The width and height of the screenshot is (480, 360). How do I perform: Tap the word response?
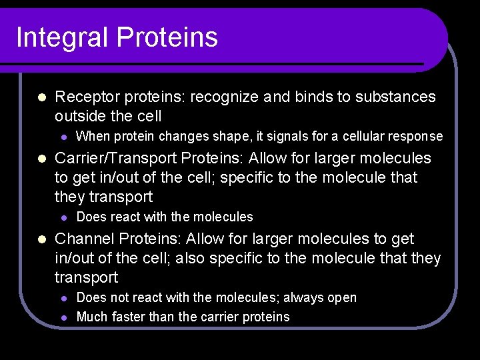coord(416,137)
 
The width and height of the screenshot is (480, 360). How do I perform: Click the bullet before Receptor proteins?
coord(41,97)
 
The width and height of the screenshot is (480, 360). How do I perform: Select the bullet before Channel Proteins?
coord(41,239)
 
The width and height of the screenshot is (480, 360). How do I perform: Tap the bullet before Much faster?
coord(64,317)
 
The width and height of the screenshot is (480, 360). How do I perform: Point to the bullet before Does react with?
coord(64,217)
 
